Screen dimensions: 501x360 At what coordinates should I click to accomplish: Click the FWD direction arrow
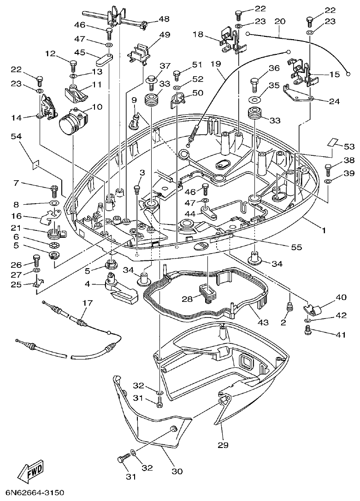(x=30, y=471)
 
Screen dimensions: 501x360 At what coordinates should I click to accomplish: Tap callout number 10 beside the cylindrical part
(x=97, y=107)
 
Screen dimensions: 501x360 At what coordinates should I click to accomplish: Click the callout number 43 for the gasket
(x=263, y=322)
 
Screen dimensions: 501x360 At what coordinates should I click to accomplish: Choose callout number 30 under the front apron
(x=177, y=471)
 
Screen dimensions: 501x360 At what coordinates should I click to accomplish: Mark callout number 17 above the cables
(x=88, y=303)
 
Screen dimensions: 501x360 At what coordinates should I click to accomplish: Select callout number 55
(x=296, y=247)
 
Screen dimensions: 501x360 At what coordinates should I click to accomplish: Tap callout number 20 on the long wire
(x=280, y=21)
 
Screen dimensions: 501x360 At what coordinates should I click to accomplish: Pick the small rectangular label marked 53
(x=333, y=142)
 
